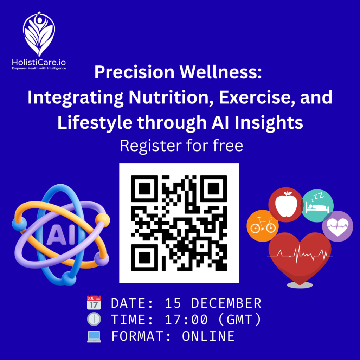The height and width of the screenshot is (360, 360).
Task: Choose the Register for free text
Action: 181,146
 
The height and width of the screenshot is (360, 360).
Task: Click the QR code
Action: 179,223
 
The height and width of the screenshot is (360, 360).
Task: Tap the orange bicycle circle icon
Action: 262,226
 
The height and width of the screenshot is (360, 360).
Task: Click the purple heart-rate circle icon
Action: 337,226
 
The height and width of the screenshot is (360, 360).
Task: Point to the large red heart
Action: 299,255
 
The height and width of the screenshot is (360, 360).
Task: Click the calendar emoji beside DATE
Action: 94,303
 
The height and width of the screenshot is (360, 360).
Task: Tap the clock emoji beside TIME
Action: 94,319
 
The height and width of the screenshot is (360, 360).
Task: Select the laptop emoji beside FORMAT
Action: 94,336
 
